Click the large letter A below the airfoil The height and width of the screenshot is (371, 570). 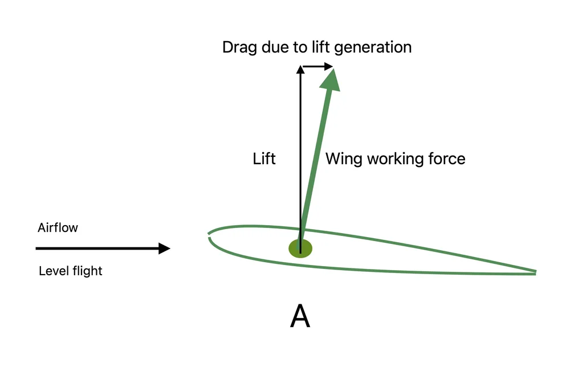coord(300,316)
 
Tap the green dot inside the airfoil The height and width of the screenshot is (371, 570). coord(300,248)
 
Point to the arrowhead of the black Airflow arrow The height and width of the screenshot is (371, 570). coord(164,248)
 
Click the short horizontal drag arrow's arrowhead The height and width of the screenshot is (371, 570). coord(329,67)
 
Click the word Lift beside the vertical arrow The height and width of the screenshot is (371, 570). coord(264,158)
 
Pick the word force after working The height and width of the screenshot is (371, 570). coord(446,158)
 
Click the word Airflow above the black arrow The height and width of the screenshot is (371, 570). coord(58,228)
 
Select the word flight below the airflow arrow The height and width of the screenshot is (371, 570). coord(87,271)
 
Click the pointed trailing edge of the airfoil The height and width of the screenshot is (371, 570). coord(534,272)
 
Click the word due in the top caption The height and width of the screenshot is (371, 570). coord(274,47)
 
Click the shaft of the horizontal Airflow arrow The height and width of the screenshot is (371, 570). coord(97,248)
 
